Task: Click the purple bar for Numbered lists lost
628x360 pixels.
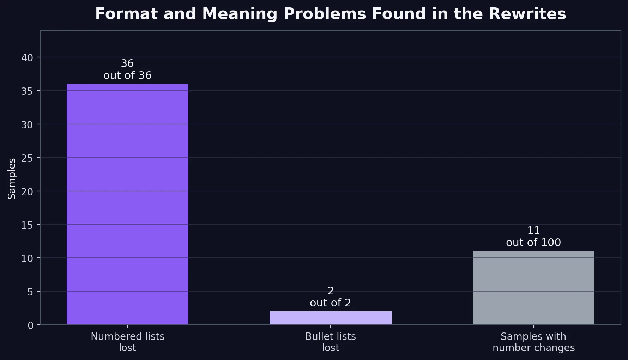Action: click(127, 204)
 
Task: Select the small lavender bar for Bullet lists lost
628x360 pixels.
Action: click(330, 318)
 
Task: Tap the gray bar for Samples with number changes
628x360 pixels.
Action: click(533, 288)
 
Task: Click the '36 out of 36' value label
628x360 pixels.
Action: click(127, 69)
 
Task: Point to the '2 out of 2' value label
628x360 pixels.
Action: click(330, 297)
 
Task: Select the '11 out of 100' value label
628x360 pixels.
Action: click(533, 237)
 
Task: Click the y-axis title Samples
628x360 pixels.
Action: click(12, 178)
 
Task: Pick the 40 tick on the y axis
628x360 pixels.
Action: click(27, 57)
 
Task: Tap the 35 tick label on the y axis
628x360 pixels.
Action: click(27, 91)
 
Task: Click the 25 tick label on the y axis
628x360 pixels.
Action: click(27, 158)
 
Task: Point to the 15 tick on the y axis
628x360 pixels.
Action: click(27, 225)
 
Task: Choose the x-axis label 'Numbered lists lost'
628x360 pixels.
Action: click(127, 342)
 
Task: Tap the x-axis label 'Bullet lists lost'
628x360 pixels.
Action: click(330, 342)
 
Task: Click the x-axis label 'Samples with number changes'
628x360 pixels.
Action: click(533, 342)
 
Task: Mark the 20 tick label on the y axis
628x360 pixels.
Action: click(27, 191)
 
